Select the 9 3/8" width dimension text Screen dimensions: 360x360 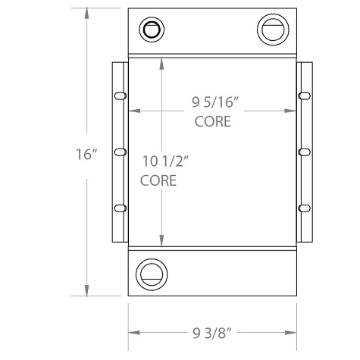click(x=211, y=332)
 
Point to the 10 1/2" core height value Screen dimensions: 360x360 click(x=164, y=161)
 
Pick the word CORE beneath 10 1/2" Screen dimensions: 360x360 click(x=158, y=181)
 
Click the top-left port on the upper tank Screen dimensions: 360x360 click(x=152, y=30)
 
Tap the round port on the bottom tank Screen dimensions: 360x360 click(x=151, y=274)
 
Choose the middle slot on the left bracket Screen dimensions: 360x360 click(x=120, y=152)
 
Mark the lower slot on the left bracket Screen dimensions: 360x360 click(x=120, y=208)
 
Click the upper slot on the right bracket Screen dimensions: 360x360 click(x=304, y=95)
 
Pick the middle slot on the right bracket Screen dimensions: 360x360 click(x=304, y=152)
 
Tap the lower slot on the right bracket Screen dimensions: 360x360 click(x=304, y=208)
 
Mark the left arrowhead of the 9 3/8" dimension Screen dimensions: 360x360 click(x=133, y=332)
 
